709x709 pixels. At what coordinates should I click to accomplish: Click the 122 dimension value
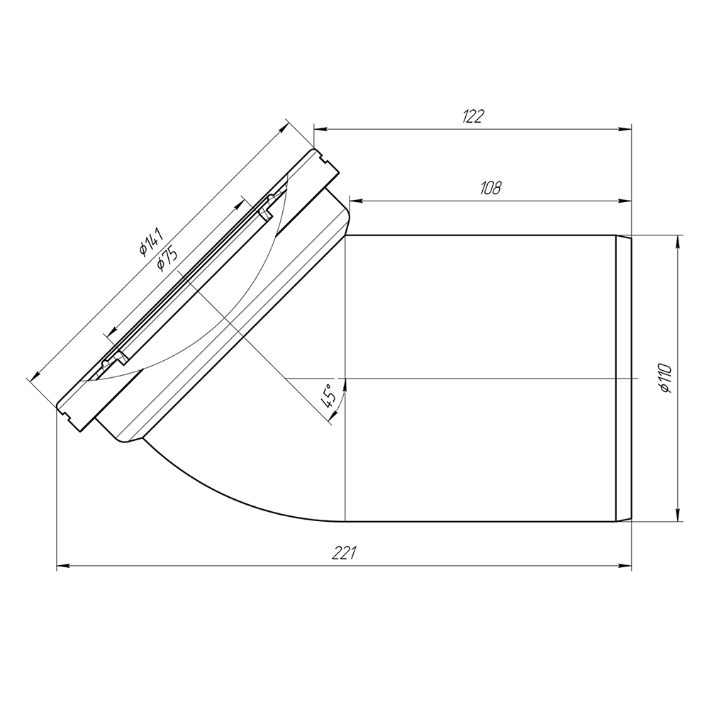(474, 116)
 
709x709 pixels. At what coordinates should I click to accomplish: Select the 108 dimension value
(491, 188)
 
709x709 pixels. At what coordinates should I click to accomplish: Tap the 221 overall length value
(345, 552)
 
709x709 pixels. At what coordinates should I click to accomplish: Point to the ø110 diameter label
(666, 378)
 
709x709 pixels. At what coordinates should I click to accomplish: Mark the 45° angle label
(329, 395)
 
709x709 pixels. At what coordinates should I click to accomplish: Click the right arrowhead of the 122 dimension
(625, 130)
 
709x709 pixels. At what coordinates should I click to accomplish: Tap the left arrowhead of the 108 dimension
(357, 201)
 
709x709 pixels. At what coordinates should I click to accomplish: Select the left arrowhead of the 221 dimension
(63, 566)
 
